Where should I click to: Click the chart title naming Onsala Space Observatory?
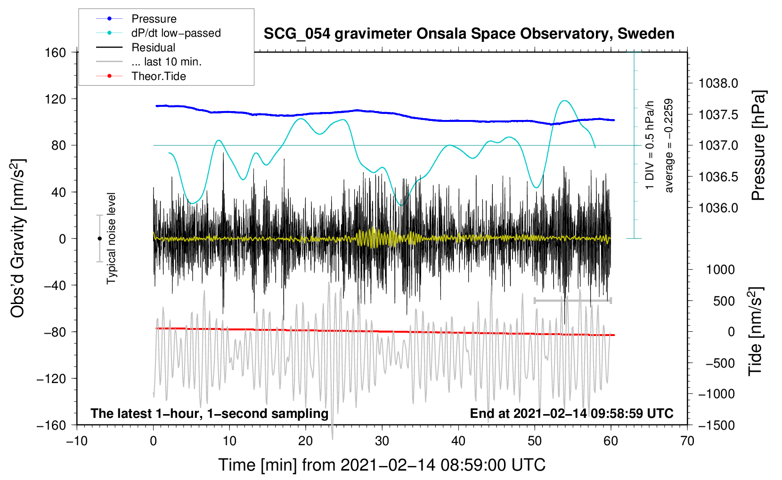click(x=469, y=34)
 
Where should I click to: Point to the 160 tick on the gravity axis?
click(x=56, y=52)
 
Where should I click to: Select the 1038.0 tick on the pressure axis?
click(x=718, y=84)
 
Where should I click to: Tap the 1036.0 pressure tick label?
click(x=718, y=208)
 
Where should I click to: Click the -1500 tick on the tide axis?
click(x=716, y=425)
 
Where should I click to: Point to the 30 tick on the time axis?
click(x=382, y=441)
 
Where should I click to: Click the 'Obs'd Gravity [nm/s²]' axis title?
click(x=17, y=238)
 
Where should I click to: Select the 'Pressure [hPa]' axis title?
click(x=758, y=146)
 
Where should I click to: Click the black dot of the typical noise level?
click(x=99, y=239)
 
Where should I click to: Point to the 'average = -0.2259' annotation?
click(x=668, y=146)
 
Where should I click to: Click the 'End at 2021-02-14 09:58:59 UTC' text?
click(x=571, y=414)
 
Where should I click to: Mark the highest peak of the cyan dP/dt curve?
click(x=564, y=101)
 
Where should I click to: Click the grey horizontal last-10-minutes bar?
click(x=572, y=300)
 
